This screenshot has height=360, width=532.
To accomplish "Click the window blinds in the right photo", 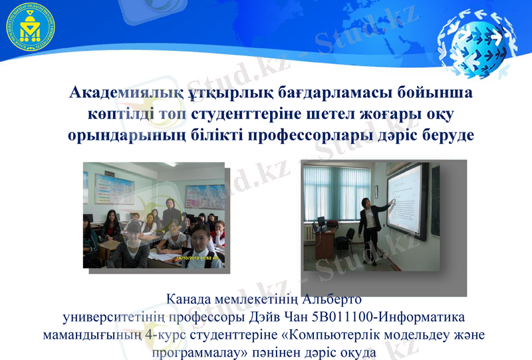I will (339, 193).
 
